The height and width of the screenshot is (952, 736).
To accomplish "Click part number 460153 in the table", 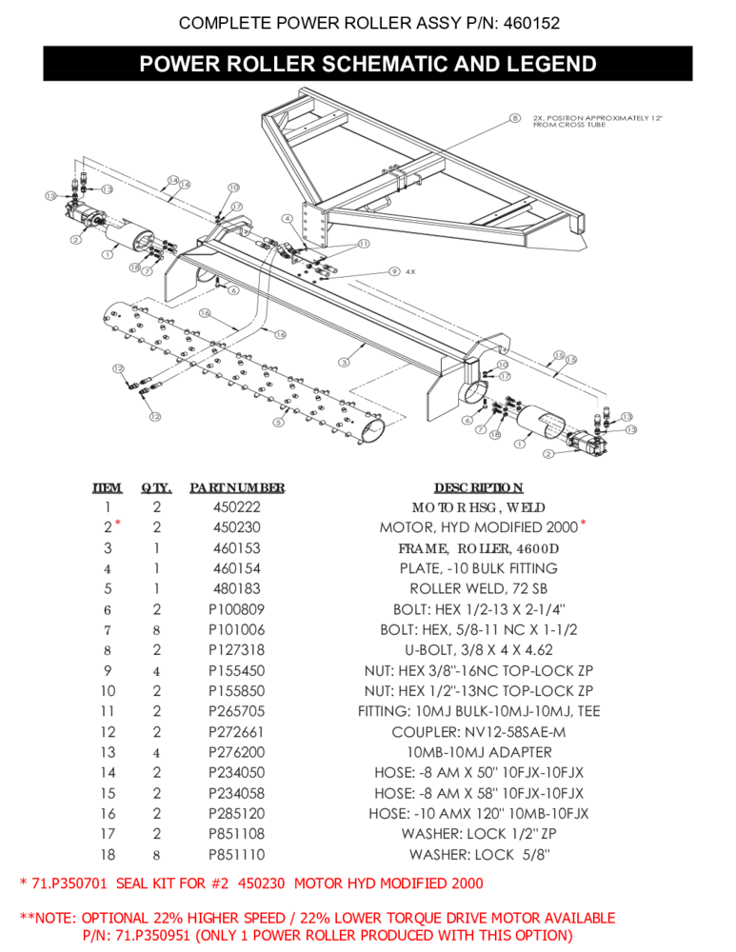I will [237, 548].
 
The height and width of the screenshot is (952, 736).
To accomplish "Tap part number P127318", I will [237, 650].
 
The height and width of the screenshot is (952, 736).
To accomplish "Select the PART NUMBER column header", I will [237, 487].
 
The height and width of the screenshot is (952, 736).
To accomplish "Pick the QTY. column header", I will [156, 487].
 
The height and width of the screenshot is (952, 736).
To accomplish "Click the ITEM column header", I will [108, 487].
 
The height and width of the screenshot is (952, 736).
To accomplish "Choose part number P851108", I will [237, 834].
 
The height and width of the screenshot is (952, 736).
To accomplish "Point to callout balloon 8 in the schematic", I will [513, 118].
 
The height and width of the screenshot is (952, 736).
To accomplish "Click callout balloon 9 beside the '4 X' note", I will [393, 271].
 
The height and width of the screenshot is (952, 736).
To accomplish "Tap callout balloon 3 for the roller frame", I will [343, 363].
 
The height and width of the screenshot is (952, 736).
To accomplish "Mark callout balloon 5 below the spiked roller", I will [278, 422].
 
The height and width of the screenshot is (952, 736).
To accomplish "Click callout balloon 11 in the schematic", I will [364, 244].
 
